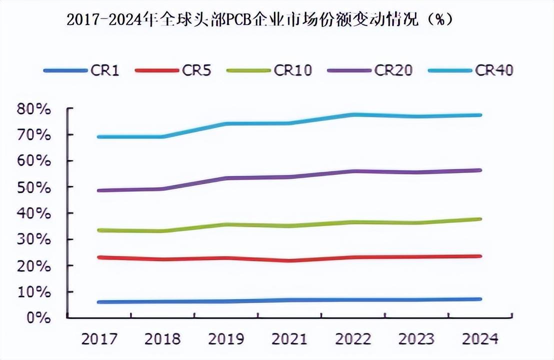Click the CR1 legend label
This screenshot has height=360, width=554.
pyautogui.click(x=105, y=70)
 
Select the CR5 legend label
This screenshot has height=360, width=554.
pyautogui.click(x=196, y=70)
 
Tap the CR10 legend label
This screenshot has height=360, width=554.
pyautogui.click(x=293, y=70)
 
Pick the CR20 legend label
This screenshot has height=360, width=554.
pyautogui.click(x=393, y=70)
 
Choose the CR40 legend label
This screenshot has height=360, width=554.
pyautogui.click(x=494, y=70)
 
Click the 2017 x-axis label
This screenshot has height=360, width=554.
pyautogui.click(x=99, y=339)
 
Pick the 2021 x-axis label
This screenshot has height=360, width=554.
pyautogui.click(x=289, y=339)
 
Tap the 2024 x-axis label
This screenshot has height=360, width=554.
pyautogui.click(x=480, y=339)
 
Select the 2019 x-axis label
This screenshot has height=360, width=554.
pyautogui.click(x=226, y=339)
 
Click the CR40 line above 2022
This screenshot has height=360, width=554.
pyautogui.click(x=353, y=114)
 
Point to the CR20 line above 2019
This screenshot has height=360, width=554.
pyautogui.click(x=226, y=178)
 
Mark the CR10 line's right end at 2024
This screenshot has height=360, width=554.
pyautogui.click(x=480, y=219)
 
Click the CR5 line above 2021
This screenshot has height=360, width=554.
pyautogui.click(x=289, y=260)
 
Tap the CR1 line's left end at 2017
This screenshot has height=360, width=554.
pyautogui.click(x=99, y=302)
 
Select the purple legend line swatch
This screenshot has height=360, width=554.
pyautogui.click(x=348, y=70)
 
